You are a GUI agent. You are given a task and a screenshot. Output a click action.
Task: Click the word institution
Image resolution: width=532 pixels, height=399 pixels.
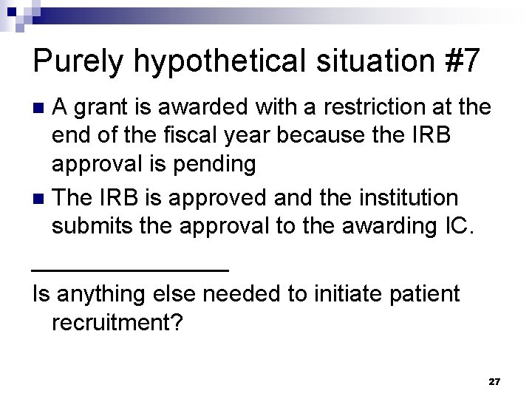405,198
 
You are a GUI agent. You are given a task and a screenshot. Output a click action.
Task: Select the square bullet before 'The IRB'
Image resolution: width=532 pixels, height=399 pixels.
41,199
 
